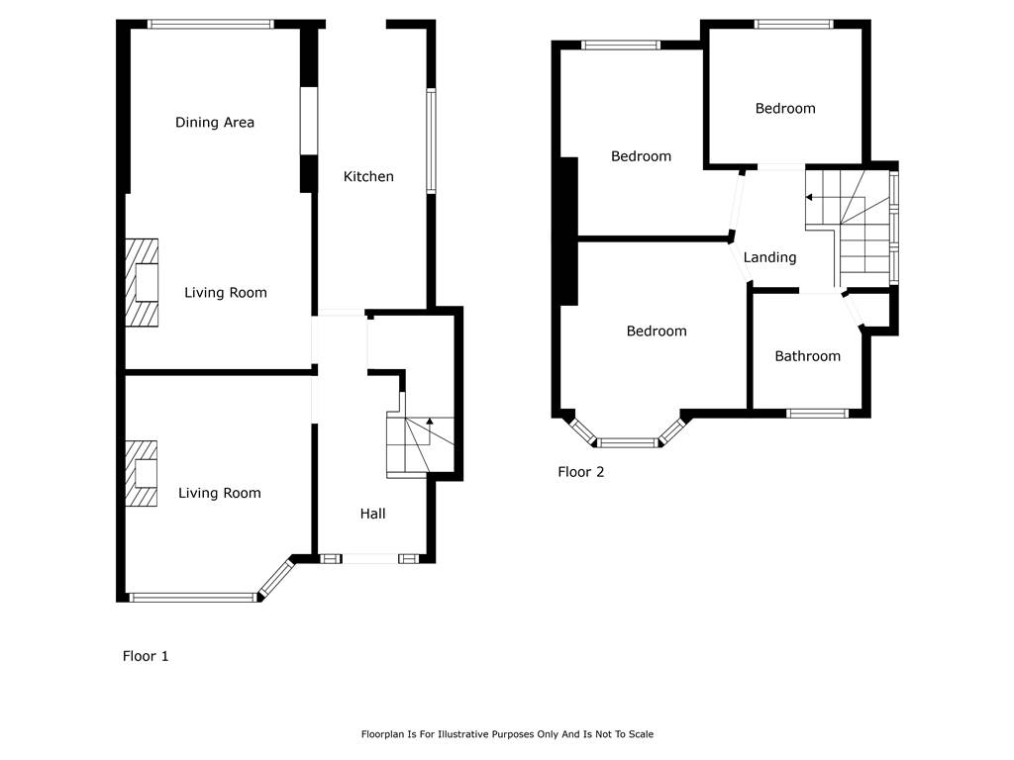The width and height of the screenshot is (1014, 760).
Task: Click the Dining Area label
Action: click(215, 122)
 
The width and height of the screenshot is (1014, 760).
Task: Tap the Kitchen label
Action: click(368, 176)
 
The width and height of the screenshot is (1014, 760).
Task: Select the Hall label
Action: click(372, 514)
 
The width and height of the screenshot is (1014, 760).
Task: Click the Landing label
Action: click(769, 258)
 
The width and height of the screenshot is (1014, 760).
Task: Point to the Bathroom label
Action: click(808, 356)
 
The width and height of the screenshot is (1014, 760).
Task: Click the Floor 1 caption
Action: click(146, 656)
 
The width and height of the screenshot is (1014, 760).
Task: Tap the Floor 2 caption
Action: click(580, 472)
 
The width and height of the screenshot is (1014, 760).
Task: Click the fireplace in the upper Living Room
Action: click(142, 282)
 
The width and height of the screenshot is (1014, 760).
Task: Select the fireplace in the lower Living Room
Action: click(141, 473)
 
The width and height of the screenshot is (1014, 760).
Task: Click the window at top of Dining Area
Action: click(211, 25)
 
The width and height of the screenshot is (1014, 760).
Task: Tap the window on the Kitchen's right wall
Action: click(431, 141)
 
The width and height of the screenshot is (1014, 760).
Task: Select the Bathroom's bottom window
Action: click(817, 414)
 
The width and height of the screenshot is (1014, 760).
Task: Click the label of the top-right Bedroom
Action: click(785, 109)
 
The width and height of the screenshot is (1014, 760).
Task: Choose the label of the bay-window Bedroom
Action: click(657, 332)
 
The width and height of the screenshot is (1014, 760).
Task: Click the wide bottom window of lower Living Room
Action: click(193, 598)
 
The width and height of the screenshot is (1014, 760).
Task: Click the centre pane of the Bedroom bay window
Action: click(626, 443)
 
